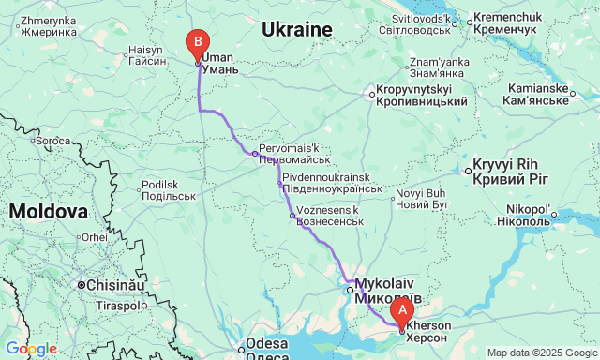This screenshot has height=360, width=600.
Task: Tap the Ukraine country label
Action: pyautogui.click(x=297, y=30)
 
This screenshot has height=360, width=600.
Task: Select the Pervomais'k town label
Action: pyautogui.click(x=289, y=154)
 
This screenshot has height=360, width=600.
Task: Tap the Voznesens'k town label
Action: pyautogui.click(x=328, y=216)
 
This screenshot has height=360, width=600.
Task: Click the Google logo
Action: pyautogui.click(x=30, y=349)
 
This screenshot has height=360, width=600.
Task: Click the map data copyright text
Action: pyautogui.click(x=541, y=352)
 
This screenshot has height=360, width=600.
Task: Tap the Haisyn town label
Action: pyautogui.click(x=153, y=54)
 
